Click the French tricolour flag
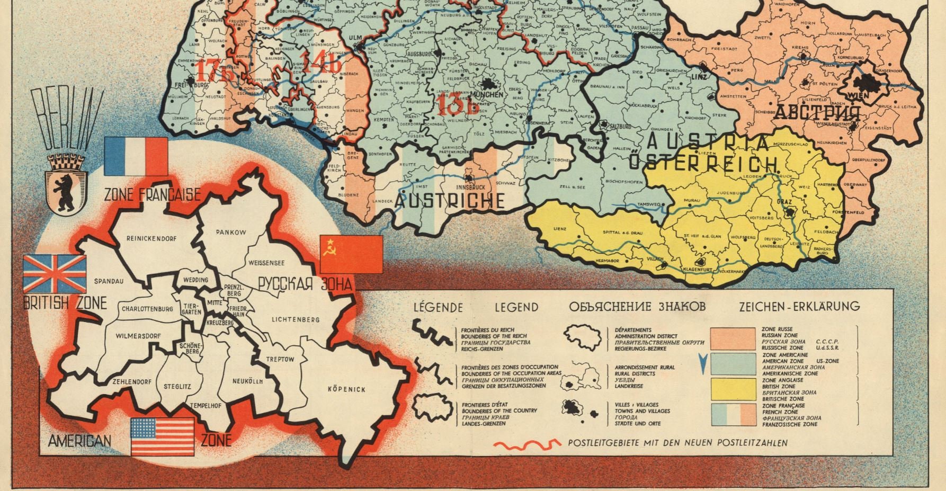[x=136, y=156]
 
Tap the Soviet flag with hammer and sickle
[x=351, y=254]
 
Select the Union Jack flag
[x=55, y=273]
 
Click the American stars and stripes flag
[x=162, y=436]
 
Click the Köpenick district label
[x=346, y=389]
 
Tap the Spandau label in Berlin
[x=109, y=281]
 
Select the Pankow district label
[x=231, y=232]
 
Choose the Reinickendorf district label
[x=151, y=238]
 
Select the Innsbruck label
[x=470, y=187]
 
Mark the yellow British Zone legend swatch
[x=733, y=389]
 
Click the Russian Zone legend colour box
[x=733, y=338]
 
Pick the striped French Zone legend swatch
[x=733, y=415]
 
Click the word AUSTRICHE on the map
[x=449, y=201]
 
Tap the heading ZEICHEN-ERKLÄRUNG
[x=799, y=306]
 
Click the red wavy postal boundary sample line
[x=526, y=444]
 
